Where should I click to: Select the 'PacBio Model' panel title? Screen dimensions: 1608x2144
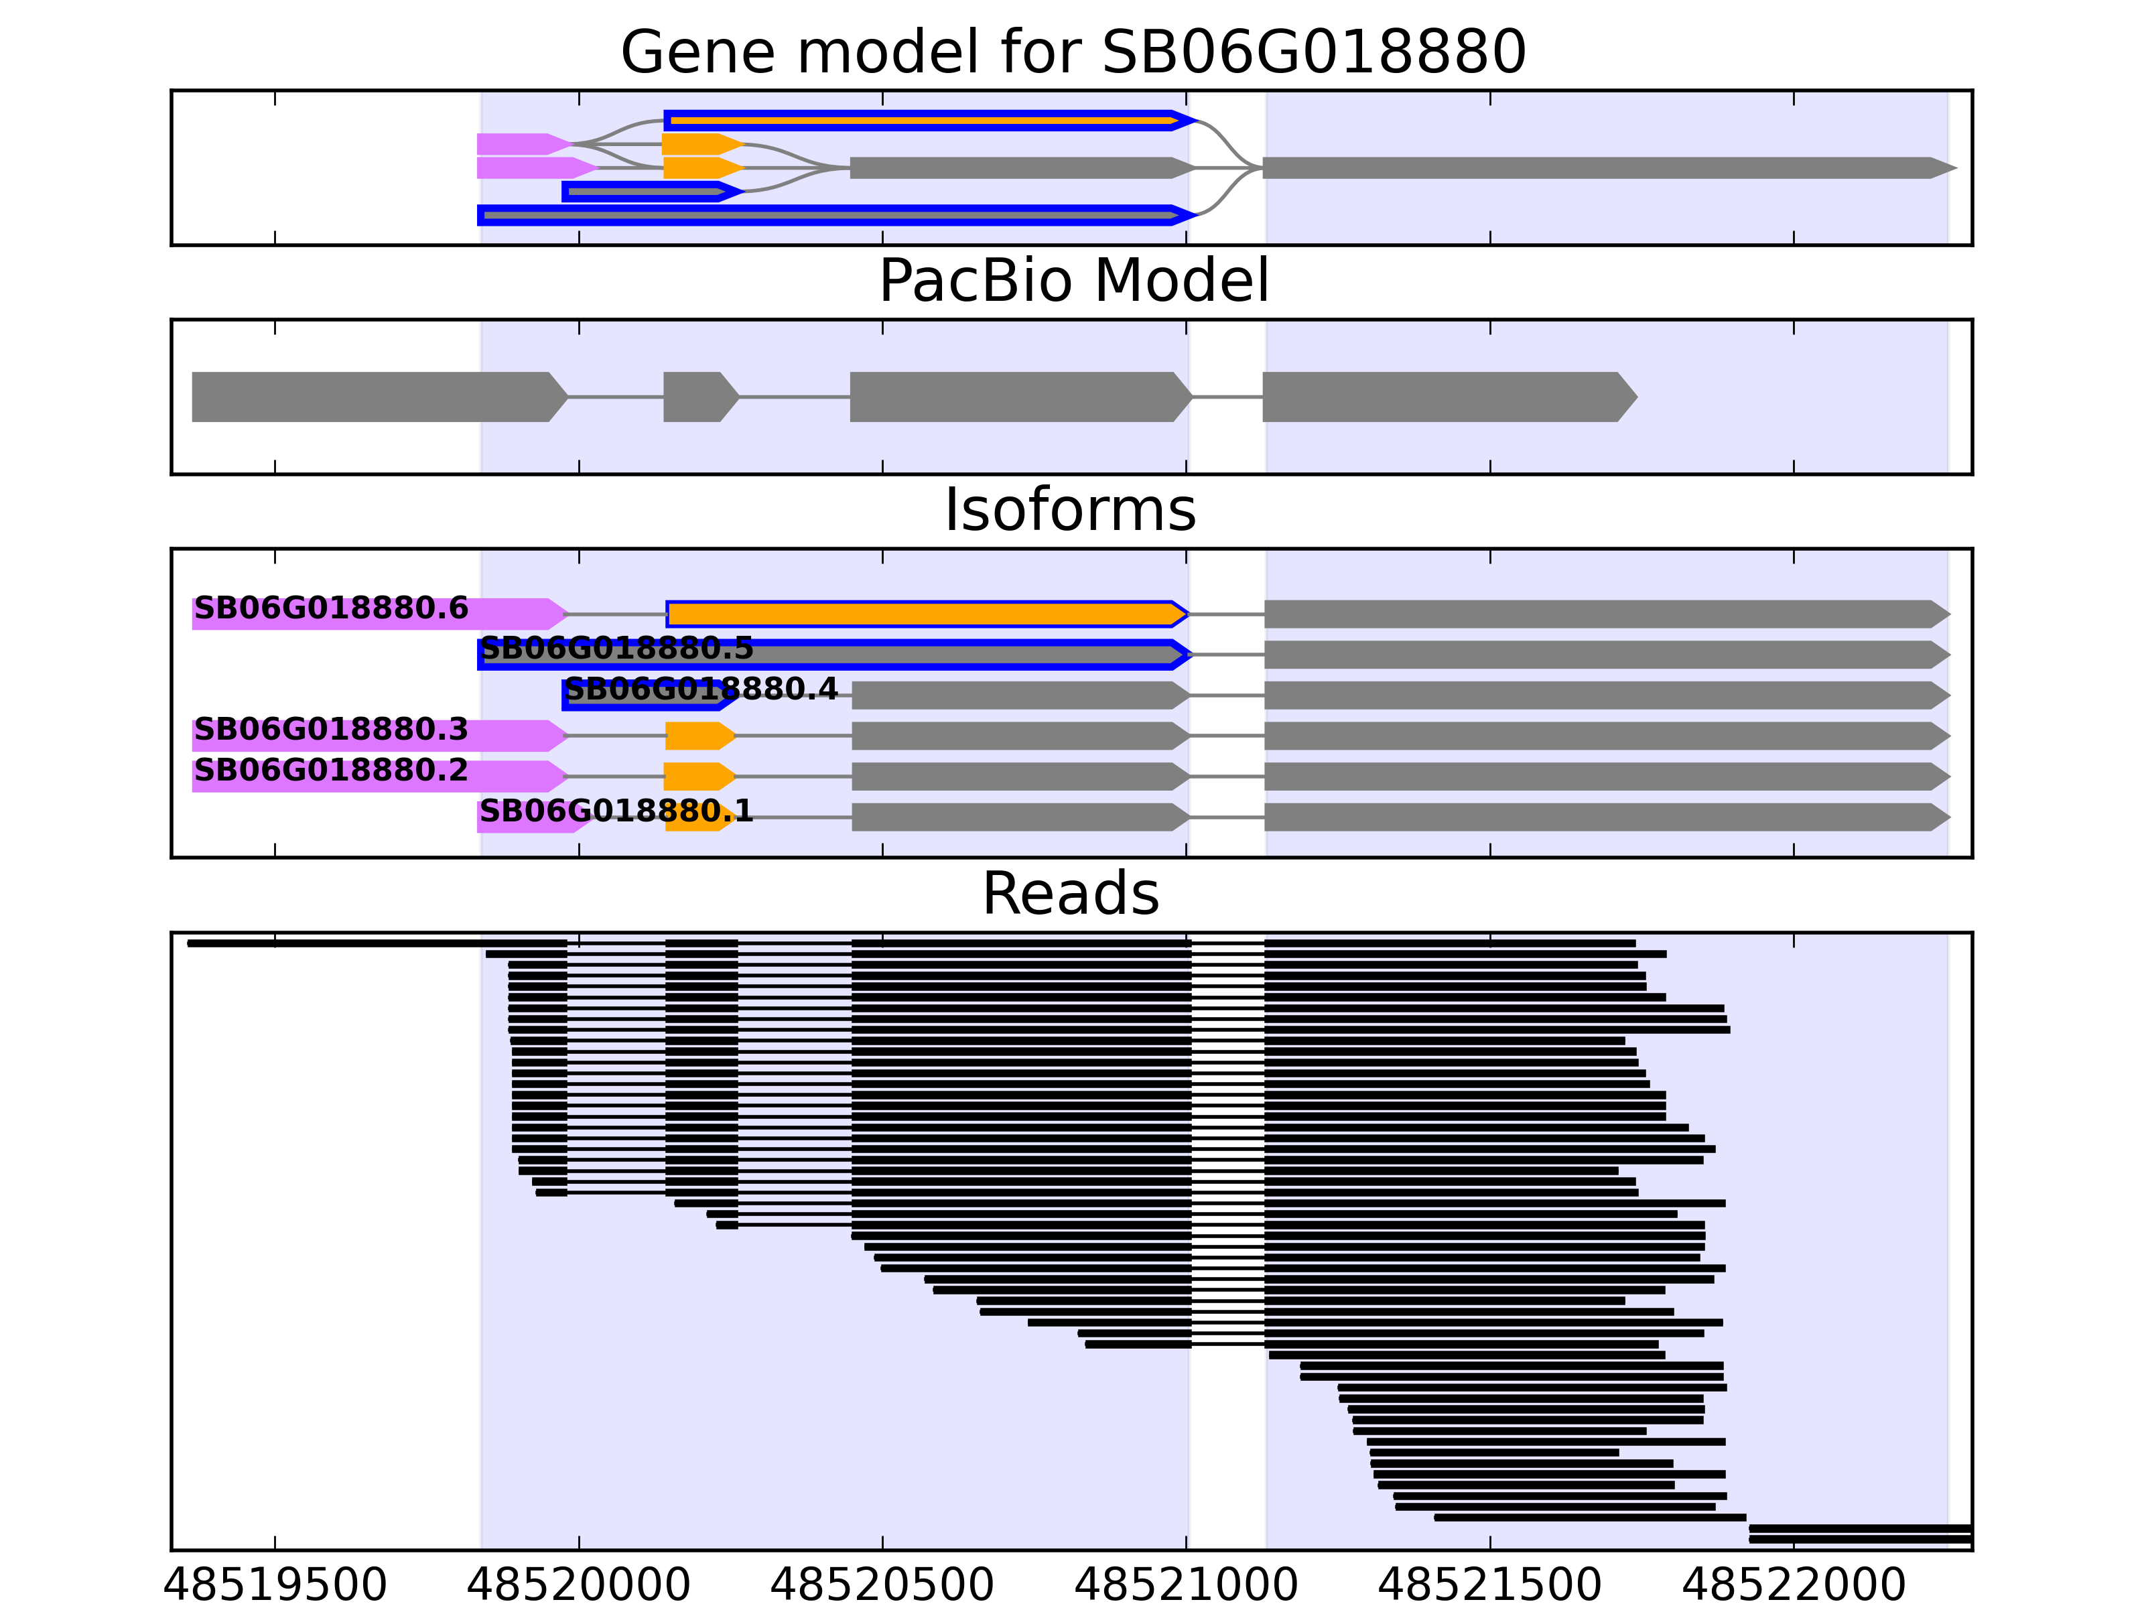point(1073,281)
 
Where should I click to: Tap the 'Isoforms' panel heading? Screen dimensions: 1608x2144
point(1070,510)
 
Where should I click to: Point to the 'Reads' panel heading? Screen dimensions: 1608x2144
point(1070,894)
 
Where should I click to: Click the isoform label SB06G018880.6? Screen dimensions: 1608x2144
point(332,608)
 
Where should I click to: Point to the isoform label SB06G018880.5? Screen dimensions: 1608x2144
point(616,649)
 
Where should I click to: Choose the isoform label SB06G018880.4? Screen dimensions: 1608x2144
point(701,689)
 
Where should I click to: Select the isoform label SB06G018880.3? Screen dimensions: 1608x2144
point(332,729)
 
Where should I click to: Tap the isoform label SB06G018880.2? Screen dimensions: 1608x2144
point(332,770)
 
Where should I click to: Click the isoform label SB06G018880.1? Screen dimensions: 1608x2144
point(616,811)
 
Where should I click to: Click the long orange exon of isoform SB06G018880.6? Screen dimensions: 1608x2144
point(926,614)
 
